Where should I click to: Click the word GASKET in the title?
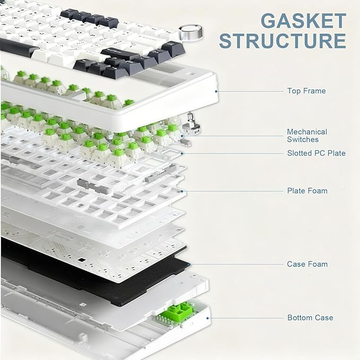[x=303, y=21]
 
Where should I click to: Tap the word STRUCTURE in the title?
[x=283, y=41]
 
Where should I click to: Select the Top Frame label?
[x=306, y=91]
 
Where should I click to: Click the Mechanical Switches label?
[x=307, y=135]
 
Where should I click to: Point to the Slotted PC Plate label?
[x=316, y=153]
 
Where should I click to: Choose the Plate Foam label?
[x=307, y=191]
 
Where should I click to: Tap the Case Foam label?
[x=307, y=264]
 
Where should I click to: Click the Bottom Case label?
[x=310, y=318]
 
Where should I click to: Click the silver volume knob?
[x=191, y=33]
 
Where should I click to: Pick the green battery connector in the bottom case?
[x=178, y=312]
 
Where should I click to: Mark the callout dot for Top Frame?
[x=216, y=91]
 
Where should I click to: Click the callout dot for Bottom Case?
[x=207, y=318]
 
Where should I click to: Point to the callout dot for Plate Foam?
[x=182, y=191]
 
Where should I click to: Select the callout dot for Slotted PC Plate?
[x=182, y=153]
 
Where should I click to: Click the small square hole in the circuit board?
[x=81, y=260]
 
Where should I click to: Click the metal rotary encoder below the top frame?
[x=191, y=124]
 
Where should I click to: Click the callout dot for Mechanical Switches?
[x=182, y=136]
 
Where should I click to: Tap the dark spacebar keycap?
[x=19, y=47]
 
